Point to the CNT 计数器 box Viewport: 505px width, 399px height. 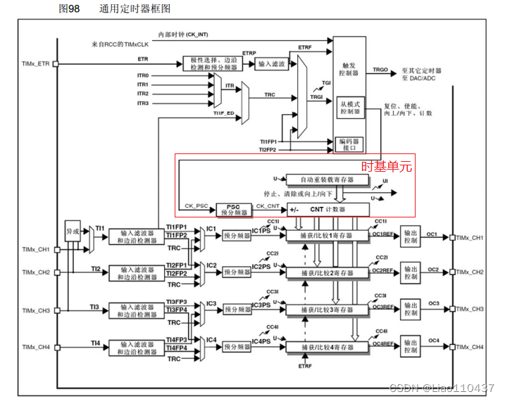click(x=328, y=209)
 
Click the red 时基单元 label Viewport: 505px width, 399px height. click(x=387, y=167)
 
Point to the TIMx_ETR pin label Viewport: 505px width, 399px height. click(x=36, y=64)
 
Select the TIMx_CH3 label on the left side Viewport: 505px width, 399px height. click(x=36, y=310)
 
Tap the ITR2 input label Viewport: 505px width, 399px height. click(x=143, y=94)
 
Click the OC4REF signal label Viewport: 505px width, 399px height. click(x=382, y=344)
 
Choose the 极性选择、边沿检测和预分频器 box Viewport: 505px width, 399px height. click(x=211, y=64)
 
